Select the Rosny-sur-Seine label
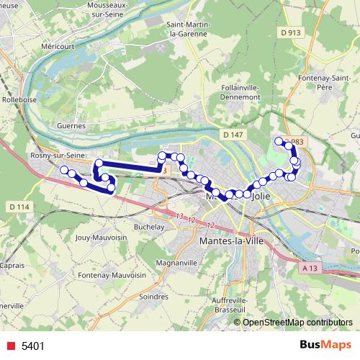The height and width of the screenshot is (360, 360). point(54,156)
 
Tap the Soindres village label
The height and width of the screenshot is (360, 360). point(153,295)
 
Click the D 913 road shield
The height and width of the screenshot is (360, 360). point(291,32)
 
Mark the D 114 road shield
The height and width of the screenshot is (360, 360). point(19,207)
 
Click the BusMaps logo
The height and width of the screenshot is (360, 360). point(326,345)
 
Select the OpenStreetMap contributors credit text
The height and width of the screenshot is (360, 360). point(297,323)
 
